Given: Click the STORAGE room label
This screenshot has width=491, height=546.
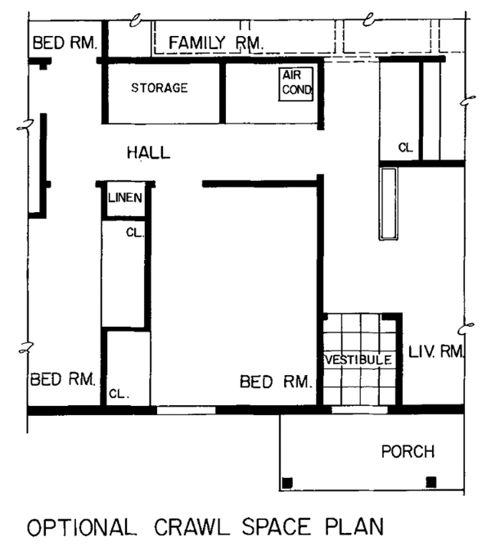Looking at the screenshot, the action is [x=160, y=88].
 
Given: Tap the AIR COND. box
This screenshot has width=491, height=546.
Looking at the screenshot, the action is [x=296, y=84].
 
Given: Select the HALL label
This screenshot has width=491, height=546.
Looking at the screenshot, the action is [x=149, y=153].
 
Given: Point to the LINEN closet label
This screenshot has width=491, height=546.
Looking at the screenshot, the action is [x=125, y=198].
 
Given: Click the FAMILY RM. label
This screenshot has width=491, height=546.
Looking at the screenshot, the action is [x=216, y=43].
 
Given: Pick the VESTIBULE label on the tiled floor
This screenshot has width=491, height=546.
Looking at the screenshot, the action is [x=358, y=359].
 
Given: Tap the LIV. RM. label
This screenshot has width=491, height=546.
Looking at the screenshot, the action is [x=436, y=352].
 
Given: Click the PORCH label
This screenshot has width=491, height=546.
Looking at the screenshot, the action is [x=408, y=452].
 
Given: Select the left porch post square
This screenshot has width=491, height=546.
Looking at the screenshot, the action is [x=287, y=483].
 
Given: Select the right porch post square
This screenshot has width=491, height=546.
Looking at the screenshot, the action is [x=431, y=482].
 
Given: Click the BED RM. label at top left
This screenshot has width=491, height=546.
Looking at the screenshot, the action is [x=65, y=43].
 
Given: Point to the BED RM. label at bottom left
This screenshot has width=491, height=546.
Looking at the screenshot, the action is [x=63, y=379].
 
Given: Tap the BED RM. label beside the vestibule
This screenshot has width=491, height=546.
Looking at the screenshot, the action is [x=275, y=382].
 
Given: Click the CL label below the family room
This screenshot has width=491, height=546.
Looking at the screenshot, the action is [x=405, y=147].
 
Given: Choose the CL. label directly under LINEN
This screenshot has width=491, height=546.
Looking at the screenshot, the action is [x=135, y=232].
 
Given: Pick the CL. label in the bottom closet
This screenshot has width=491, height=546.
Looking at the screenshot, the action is [x=119, y=394].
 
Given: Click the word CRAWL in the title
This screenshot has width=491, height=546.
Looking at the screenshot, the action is [x=192, y=527].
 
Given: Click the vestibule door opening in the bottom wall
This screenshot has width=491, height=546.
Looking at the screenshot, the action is [x=360, y=410].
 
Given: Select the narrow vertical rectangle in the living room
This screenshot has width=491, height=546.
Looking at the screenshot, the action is [x=388, y=204].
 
